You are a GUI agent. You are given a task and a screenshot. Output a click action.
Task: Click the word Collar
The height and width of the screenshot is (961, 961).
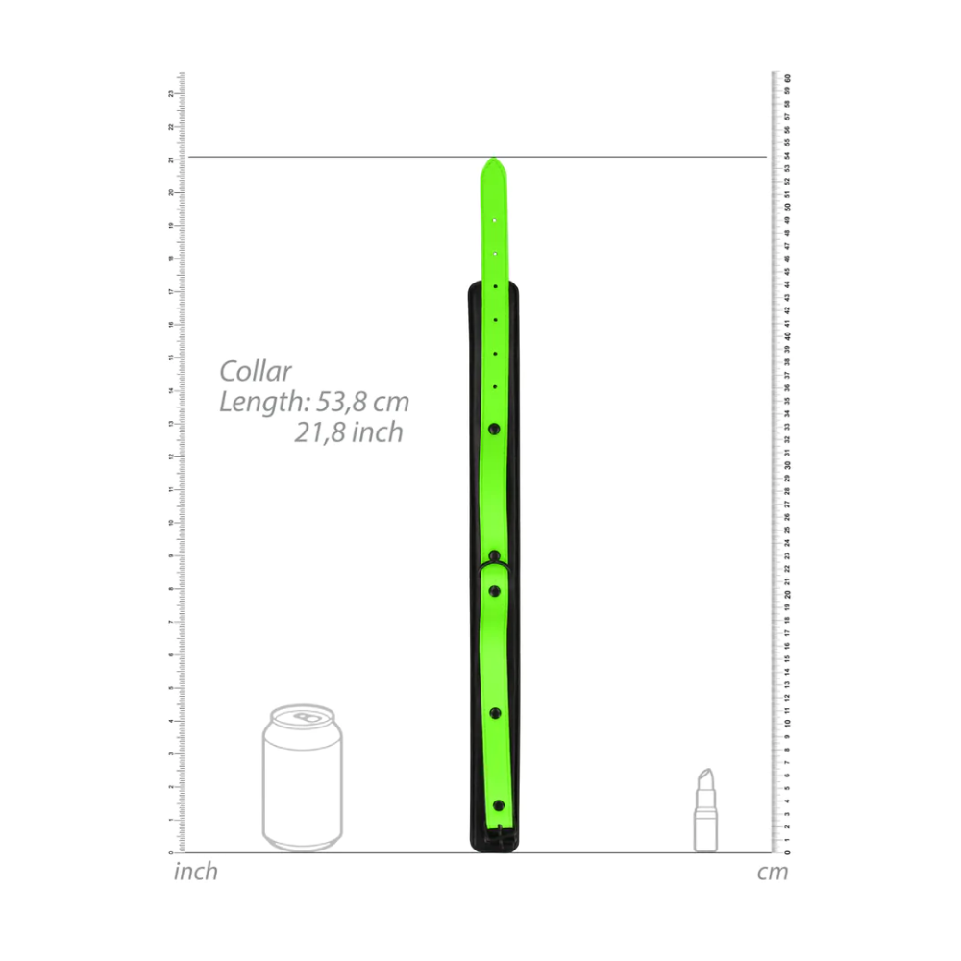tap(256, 371)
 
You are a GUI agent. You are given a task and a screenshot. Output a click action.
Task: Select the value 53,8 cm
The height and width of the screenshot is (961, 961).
tap(357, 402)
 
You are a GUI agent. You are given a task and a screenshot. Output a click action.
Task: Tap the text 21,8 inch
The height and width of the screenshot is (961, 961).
tap(349, 433)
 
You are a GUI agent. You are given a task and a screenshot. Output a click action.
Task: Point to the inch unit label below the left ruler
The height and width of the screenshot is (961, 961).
tap(196, 873)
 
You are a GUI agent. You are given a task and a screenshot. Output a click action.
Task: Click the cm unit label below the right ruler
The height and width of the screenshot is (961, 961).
tap(773, 873)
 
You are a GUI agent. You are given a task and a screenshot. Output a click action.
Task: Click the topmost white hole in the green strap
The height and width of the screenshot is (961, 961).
tap(494, 220)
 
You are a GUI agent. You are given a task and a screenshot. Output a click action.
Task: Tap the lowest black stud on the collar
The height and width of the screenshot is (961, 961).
tap(498, 805)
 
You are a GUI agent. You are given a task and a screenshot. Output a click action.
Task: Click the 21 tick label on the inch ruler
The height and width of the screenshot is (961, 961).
tap(171, 160)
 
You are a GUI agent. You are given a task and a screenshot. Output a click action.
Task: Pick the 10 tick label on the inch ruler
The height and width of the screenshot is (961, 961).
tap(171, 523)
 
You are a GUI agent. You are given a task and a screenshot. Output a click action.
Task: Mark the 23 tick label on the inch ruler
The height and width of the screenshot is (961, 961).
tap(171, 93)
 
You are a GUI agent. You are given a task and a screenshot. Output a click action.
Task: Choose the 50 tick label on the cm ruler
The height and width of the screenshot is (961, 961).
tap(788, 206)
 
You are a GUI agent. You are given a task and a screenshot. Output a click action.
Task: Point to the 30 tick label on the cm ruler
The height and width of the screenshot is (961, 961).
tap(788, 464)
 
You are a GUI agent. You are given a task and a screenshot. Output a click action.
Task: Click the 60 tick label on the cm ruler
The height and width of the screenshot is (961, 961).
tap(788, 77)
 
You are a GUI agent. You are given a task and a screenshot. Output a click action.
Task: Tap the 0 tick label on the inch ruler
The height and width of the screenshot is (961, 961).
tap(171, 852)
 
